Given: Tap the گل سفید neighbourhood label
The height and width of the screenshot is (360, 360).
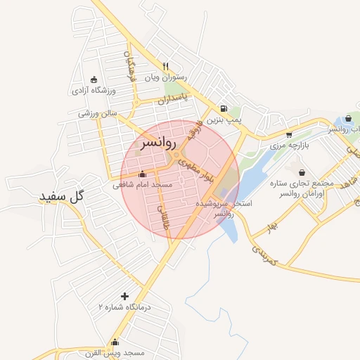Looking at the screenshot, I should [x=62, y=196].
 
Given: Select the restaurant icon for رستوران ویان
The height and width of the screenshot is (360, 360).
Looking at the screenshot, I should [x=166, y=66].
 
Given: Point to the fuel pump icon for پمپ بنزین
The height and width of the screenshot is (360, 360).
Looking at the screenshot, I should [x=223, y=109].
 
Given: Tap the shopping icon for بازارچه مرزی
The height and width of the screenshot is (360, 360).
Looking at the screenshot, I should [x=289, y=134].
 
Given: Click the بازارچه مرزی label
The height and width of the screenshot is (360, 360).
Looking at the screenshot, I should [x=289, y=146].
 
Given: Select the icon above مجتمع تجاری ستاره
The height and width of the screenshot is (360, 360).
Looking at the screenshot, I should [x=302, y=172].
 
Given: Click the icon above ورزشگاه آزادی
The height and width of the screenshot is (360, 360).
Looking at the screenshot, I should [x=94, y=79].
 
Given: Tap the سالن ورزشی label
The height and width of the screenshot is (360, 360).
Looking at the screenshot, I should [x=98, y=113].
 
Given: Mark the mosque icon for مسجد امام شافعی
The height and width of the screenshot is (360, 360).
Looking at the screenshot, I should [x=143, y=174].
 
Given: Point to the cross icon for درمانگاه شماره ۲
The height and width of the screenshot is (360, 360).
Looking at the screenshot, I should [x=125, y=296].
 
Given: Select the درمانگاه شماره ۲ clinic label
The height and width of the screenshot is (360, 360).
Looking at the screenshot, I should [x=125, y=308].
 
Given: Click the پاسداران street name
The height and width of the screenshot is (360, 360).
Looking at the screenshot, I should [x=173, y=100].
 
